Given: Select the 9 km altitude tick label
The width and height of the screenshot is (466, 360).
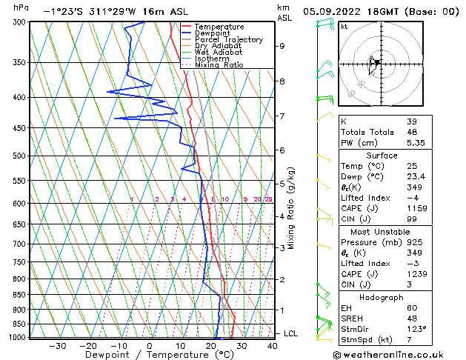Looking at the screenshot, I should point(282,46).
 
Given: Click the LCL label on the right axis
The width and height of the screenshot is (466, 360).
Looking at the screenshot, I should point(290,334).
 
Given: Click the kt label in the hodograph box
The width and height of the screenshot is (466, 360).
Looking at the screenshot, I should point(344,27).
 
